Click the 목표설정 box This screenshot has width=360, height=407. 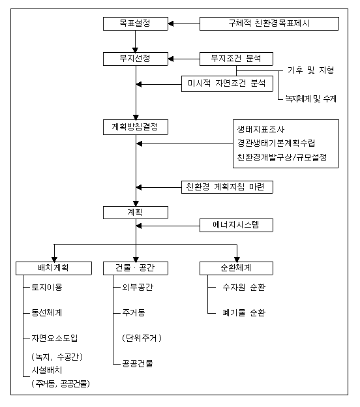click(x=136, y=23)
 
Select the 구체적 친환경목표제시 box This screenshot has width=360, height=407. click(x=269, y=23)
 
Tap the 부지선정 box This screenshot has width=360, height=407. click(x=136, y=59)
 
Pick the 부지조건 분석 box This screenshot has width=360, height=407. click(x=236, y=59)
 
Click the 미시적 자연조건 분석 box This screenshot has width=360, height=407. click(x=227, y=83)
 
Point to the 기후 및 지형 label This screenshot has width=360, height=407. click(x=310, y=70)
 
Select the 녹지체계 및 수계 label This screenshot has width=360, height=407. click(x=311, y=98)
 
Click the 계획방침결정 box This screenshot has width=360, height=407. click(x=136, y=127)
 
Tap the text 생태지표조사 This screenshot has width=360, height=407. click(x=261, y=129)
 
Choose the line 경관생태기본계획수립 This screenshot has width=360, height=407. click(x=276, y=143)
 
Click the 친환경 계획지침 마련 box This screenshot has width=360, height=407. click(x=227, y=187)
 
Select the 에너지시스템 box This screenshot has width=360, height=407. click(x=236, y=225)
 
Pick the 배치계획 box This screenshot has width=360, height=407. click(x=53, y=268)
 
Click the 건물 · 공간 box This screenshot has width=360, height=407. click(x=136, y=268)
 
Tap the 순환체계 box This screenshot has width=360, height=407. click(x=236, y=268)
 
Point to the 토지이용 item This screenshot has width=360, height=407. click(x=47, y=288)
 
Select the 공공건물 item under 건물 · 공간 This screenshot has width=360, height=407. click(x=138, y=363)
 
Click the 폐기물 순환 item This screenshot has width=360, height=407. click(x=244, y=312)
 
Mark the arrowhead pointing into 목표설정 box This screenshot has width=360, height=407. click(x=171, y=24)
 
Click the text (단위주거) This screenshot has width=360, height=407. click(x=142, y=338)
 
